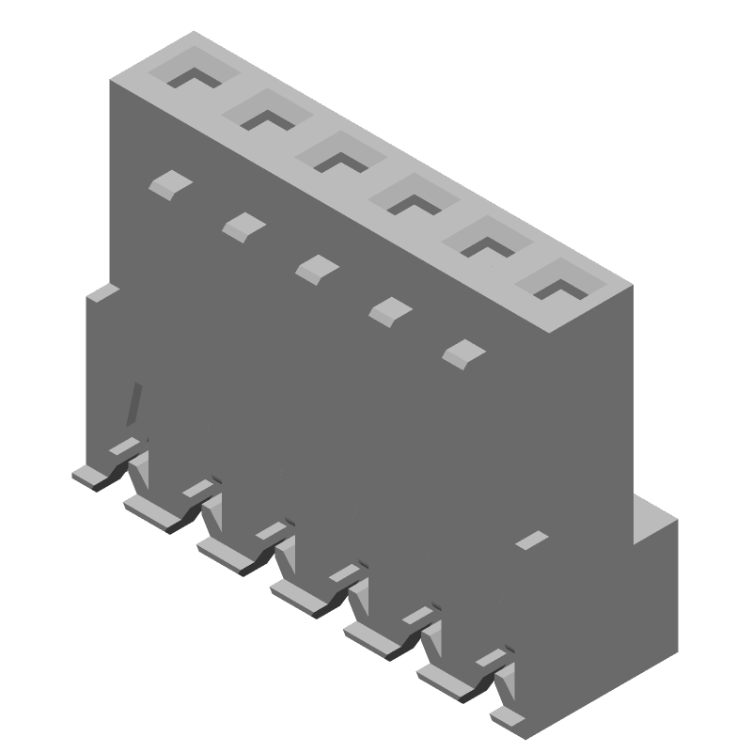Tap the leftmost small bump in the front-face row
coord(169,183)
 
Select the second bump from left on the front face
coord(243,225)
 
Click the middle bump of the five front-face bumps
coord(317,268)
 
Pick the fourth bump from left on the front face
coord(388,310)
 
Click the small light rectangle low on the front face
coord(532,540)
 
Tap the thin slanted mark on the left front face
coord(135,404)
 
